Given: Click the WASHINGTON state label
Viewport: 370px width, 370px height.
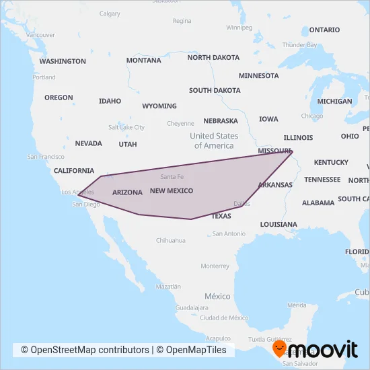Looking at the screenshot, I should (63, 61).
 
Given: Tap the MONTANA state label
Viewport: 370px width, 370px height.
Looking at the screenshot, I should (143, 60).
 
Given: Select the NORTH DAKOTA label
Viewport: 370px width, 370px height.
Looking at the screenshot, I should (213, 58).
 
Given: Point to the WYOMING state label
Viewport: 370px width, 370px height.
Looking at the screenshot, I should (159, 106).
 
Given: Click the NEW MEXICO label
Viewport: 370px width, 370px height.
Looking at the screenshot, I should (172, 191).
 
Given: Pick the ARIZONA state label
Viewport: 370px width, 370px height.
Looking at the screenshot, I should (127, 192).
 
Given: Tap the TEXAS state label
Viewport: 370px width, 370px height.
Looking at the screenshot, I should (221, 216).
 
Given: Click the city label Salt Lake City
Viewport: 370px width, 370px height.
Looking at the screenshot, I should (126, 127).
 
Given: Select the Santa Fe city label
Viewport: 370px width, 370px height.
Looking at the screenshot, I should (172, 177).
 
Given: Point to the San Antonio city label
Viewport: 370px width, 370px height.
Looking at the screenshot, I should (229, 233).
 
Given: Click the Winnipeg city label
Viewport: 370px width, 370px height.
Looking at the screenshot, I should (239, 28).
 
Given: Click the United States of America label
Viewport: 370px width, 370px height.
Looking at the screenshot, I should (214, 141).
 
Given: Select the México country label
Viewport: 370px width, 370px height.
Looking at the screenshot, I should (217, 296).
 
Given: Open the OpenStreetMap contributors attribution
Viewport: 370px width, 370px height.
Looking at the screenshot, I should (85, 350).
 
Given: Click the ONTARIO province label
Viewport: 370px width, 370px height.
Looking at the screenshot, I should (324, 30).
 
